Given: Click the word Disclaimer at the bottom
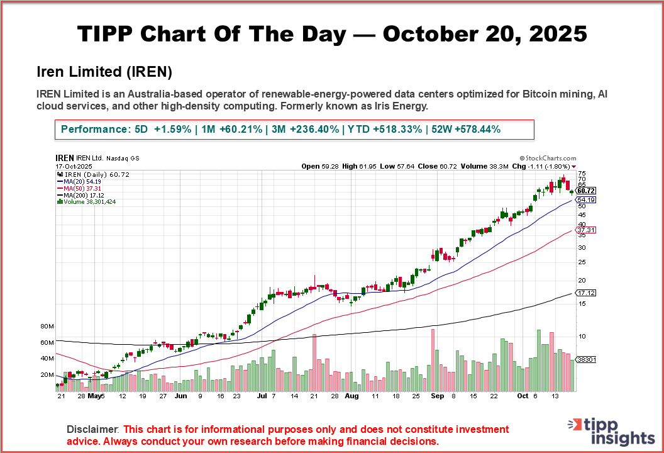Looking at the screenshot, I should pyautogui.click(x=92, y=429).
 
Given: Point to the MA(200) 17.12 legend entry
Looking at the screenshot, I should pyautogui.click(x=84, y=194).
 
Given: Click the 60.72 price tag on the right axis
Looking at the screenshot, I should pyautogui.click(x=585, y=190).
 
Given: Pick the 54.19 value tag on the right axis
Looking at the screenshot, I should pyautogui.click(x=585, y=199).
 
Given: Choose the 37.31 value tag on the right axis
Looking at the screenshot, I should pyautogui.click(x=585, y=230).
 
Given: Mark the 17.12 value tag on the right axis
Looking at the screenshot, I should pyautogui.click(x=585, y=293).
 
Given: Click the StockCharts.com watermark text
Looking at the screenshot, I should pyautogui.click(x=548, y=159).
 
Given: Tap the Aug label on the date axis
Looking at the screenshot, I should pyautogui.click(x=351, y=397).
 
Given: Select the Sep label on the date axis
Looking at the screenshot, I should pyautogui.click(x=438, y=397).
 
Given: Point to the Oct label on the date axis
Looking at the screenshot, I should pyautogui.click(x=523, y=397).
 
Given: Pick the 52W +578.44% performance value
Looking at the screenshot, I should pyautogui.click(x=463, y=130).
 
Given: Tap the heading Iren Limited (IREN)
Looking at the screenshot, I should pyautogui.click(x=104, y=70).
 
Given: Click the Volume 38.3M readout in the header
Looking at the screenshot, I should pyautogui.click(x=487, y=166).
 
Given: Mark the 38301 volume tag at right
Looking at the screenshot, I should pyautogui.click(x=586, y=359).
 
